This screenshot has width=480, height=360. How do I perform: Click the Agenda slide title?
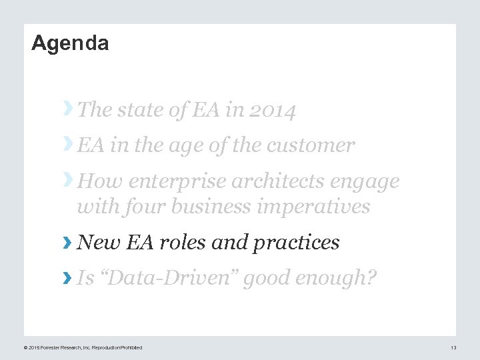pyautogui.click(x=70, y=44)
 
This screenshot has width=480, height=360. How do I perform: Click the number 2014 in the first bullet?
pyautogui.click(x=273, y=110)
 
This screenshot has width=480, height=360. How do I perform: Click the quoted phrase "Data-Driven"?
pyautogui.click(x=167, y=278)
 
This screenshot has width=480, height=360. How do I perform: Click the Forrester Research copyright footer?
pyautogui.click(x=83, y=347)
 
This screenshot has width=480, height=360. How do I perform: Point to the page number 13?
pyautogui.click(x=453, y=347)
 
